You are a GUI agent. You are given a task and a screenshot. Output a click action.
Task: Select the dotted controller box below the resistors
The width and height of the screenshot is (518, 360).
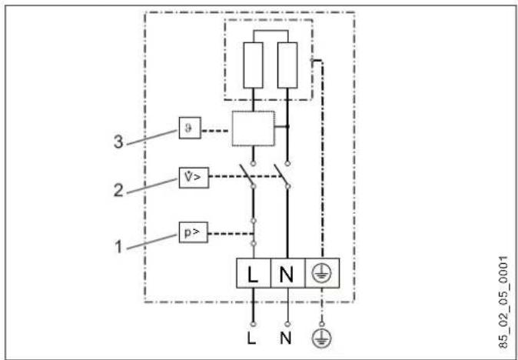(253, 128)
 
